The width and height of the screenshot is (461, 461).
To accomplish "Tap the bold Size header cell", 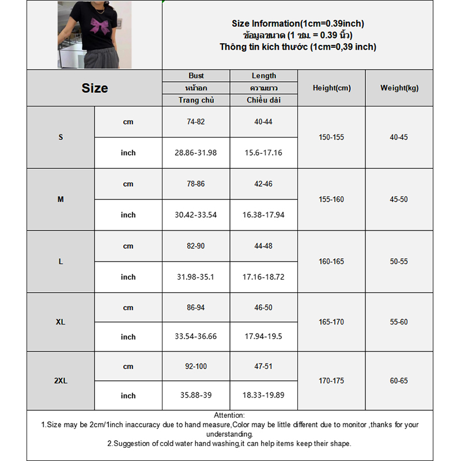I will pyautogui.click(x=95, y=88).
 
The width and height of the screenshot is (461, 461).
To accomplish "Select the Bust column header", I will pyautogui.click(x=196, y=75).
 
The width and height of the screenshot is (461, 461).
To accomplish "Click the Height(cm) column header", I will pyautogui.click(x=331, y=88).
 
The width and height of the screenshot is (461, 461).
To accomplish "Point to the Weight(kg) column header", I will pyautogui.click(x=399, y=88).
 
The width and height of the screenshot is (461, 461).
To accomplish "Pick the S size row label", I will pyautogui.click(x=61, y=137).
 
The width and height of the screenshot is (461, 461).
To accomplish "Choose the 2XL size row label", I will pyautogui.click(x=61, y=381).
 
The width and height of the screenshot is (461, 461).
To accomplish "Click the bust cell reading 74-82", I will pyautogui.click(x=196, y=122).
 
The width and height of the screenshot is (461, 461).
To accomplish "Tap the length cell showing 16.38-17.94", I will pyautogui.click(x=263, y=215).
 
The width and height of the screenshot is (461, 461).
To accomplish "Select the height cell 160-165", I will pyautogui.click(x=331, y=262).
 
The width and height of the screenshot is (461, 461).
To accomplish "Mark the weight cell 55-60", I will pyautogui.click(x=399, y=322).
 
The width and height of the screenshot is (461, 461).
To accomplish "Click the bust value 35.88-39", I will pyautogui.click(x=196, y=395).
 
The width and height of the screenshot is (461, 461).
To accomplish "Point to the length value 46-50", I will pyautogui.click(x=263, y=308).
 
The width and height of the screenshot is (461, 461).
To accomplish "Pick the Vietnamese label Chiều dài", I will pyautogui.click(x=263, y=100).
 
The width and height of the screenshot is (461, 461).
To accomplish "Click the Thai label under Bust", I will pyautogui.click(x=196, y=88).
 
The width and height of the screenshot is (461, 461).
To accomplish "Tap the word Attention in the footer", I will pyautogui.click(x=229, y=415).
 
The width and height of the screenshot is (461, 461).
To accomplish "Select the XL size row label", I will pyautogui.click(x=61, y=322).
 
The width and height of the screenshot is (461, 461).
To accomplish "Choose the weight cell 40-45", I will pyautogui.click(x=399, y=137).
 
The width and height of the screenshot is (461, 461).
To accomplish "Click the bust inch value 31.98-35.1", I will pyautogui.click(x=196, y=277).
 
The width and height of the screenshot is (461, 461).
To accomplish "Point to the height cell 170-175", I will pyautogui.click(x=331, y=381).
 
